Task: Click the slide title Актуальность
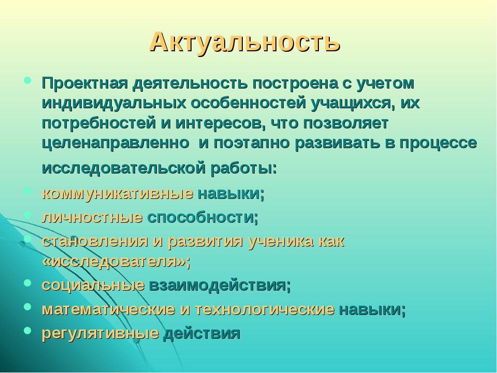(x=245, y=42)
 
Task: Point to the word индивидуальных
(x=114, y=104)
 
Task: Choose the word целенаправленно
(x=115, y=144)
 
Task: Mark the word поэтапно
(x=252, y=143)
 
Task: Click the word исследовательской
(x=124, y=168)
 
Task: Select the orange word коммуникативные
(x=118, y=193)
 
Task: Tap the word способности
(x=203, y=217)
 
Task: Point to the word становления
(x=95, y=241)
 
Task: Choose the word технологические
(x=265, y=309)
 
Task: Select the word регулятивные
(x=100, y=333)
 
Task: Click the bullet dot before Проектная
(x=27, y=80)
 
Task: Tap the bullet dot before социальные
(x=27, y=282)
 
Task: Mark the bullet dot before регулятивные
(x=27, y=330)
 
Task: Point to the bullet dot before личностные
(x=27, y=214)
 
